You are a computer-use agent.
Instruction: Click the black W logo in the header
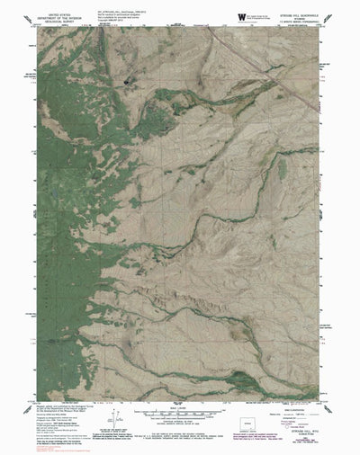point(239,16)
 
